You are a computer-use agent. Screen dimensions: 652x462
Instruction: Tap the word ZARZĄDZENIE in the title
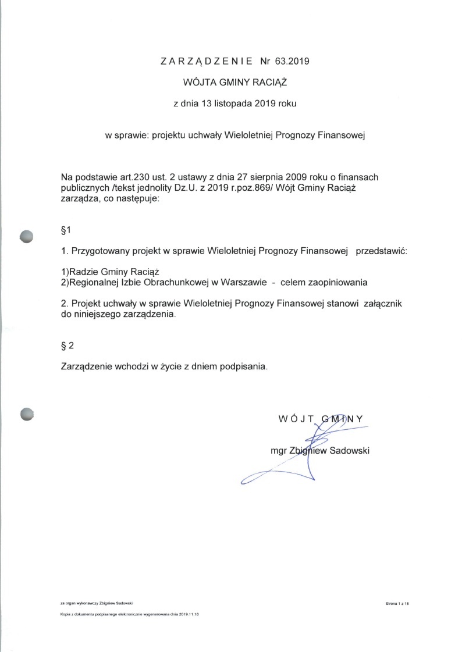pos(207,60)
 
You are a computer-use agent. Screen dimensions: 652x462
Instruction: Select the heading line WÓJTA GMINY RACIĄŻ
pos(231,83)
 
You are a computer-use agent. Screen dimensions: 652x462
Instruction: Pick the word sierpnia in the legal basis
pos(265,176)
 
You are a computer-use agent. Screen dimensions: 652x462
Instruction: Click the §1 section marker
pos(66,231)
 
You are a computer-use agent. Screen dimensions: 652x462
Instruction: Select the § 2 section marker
pos(67,345)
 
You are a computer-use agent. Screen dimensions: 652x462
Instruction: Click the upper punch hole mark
pos(27,235)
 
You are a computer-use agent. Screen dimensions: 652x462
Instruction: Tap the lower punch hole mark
pos(27,414)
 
